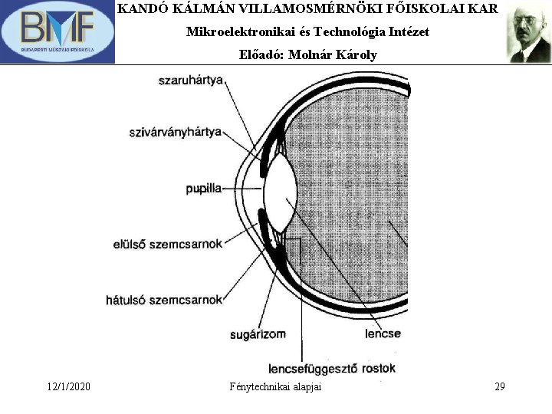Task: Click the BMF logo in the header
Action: [x=58, y=31]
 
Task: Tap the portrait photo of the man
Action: [x=529, y=34]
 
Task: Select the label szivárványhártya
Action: [x=175, y=132]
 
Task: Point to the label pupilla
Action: [x=203, y=188]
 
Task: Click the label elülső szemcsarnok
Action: [x=167, y=245]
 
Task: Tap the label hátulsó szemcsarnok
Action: [x=163, y=300]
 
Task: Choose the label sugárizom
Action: [x=258, y=334]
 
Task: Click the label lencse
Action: [x=383, y=334]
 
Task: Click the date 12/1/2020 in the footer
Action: [x=67, y=386]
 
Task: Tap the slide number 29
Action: [x=499, y=386]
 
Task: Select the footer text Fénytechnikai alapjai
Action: [x=275, y=386]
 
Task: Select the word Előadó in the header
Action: [x=262, y=55]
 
